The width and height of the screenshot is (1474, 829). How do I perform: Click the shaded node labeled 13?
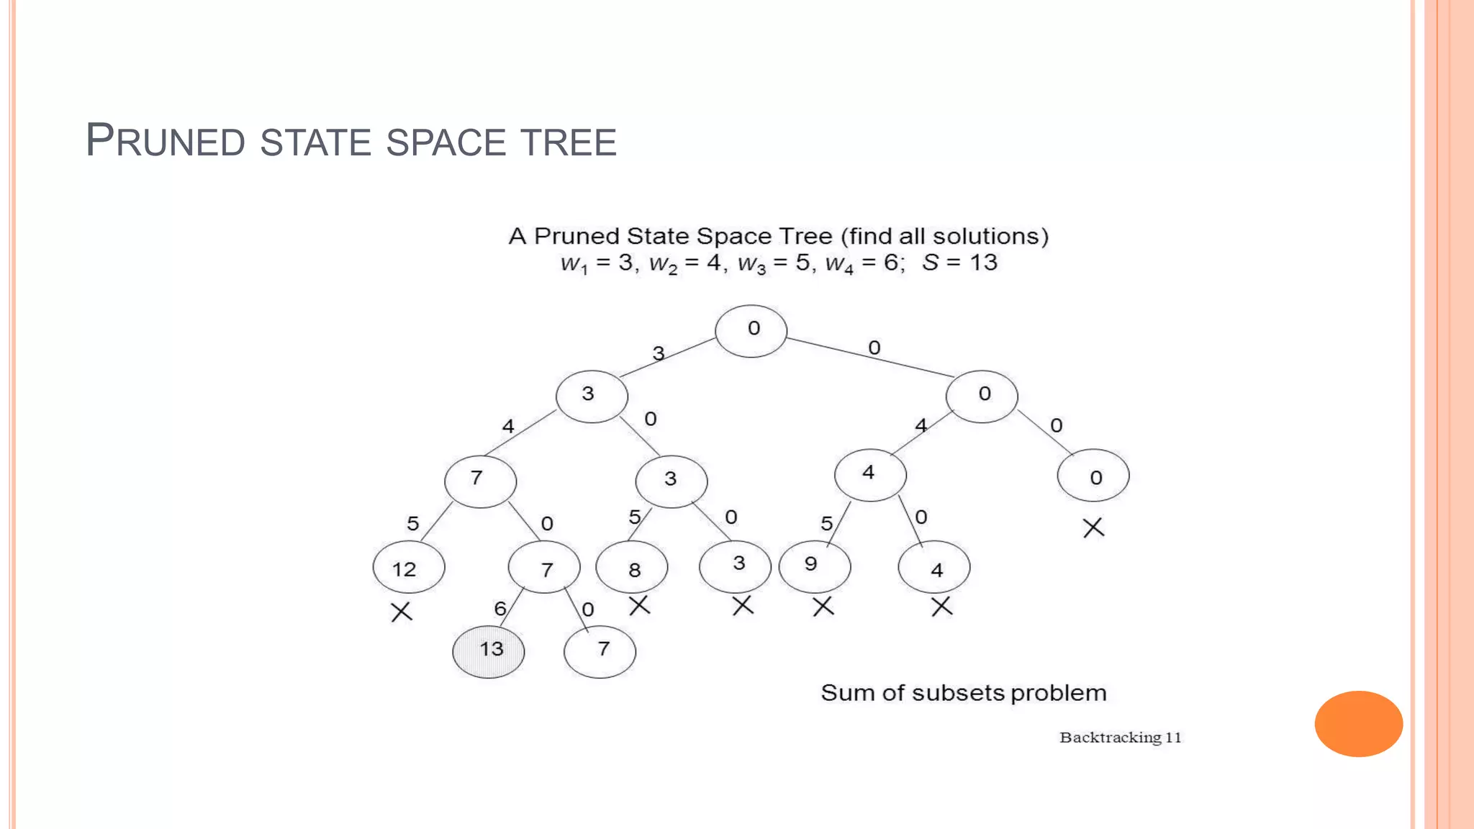coord(489,651)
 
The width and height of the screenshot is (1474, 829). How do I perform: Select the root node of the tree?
coord(751,330)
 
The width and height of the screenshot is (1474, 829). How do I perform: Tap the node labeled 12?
coord(409,568)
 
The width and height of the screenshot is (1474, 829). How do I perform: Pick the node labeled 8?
coord(632,568)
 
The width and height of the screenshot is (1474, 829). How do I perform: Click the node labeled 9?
coord(815,566)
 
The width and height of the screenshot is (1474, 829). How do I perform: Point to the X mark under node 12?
coord(402,612)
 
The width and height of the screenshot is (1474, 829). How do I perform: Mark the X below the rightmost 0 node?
coord(1093,527)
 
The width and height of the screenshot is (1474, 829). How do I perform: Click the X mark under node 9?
coord(823,607)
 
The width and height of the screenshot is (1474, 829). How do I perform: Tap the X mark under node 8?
coord(639,605)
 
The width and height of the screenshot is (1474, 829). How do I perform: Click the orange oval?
coord(1358,723)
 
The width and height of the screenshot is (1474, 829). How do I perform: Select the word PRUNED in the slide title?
coord(165,140)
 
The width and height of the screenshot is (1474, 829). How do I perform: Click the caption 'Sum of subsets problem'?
coord(963,693)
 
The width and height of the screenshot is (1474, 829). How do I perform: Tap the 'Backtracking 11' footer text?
coord(1120,737)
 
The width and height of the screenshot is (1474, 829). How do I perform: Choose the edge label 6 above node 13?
coord(500,609)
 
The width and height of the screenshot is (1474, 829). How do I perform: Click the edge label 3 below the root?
coord(659,353)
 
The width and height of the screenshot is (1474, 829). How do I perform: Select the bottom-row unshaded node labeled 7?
coord(600,651)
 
